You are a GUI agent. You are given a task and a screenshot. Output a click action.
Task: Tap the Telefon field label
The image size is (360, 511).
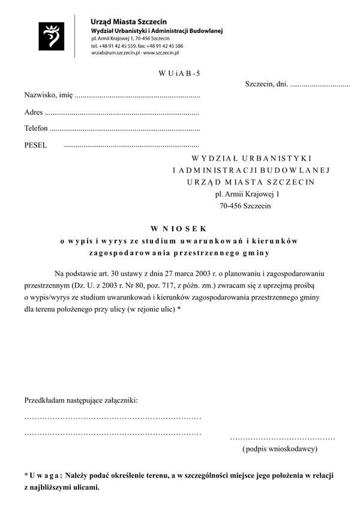35,129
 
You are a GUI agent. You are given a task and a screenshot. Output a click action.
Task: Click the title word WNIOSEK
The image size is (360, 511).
178,229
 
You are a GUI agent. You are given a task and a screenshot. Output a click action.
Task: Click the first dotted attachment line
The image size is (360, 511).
112,416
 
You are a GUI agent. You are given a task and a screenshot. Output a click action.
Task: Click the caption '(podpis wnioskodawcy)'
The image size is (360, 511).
280,449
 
